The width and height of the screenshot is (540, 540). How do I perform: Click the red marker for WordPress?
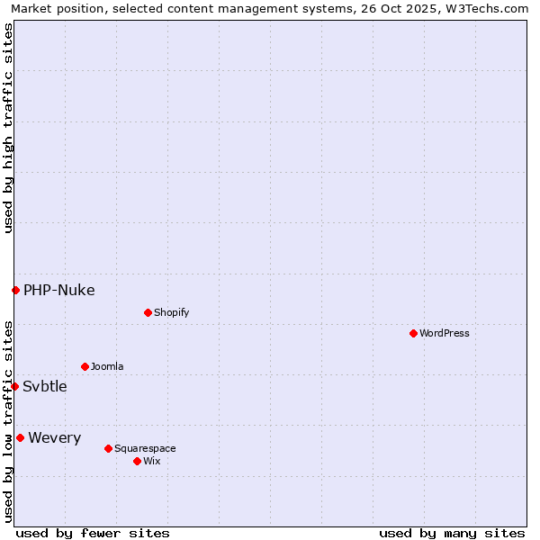coord(413,333)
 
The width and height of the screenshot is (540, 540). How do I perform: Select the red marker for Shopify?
coord(148,312)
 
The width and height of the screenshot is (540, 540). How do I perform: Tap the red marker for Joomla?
coord(85,366)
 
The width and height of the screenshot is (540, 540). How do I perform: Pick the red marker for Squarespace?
coord(108,448)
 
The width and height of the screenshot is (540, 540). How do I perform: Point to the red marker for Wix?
coord(137,461)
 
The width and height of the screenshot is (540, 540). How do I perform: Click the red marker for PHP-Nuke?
coord(15,290)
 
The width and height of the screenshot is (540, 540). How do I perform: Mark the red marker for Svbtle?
coord(14,386)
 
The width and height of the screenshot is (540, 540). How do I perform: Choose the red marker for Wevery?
coord(20,437)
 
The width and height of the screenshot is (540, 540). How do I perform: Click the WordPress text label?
coord(445,333)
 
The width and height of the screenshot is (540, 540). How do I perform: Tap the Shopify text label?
coord(171,312)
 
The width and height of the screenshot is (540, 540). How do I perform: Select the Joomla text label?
coord(107,366)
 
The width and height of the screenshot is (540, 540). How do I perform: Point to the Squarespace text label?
coord(145,448)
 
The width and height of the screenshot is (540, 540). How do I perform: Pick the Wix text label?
coord(151,461)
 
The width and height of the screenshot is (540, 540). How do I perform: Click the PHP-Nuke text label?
coord(58,290)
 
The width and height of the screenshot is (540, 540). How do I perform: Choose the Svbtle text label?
coord(45,386)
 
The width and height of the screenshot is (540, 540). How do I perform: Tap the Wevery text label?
coord(54,437)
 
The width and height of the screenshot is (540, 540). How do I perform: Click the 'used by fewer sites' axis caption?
coord(93,533)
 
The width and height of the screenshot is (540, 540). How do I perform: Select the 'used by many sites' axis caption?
coord(452,533)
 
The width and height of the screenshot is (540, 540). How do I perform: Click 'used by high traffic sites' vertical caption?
coord(8,128)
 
